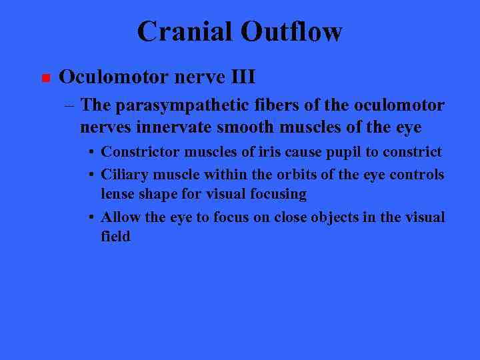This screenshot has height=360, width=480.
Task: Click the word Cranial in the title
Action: pos(185,31)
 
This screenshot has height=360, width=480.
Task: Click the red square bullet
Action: pos(45,79)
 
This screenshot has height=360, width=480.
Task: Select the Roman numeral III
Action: pos(242,77)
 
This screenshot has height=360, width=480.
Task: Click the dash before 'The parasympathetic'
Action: pos(70,105)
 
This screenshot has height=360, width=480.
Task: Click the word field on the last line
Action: pos(115,237)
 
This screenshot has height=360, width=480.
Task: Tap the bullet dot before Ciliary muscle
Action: pos(91,175)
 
